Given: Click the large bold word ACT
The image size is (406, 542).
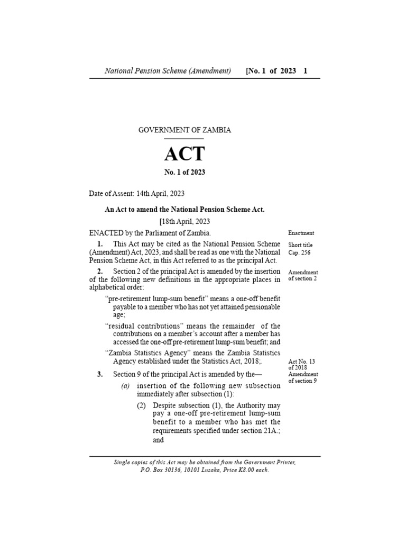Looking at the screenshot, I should (184, 153).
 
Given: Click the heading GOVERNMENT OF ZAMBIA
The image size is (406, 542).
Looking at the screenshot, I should (184, 130).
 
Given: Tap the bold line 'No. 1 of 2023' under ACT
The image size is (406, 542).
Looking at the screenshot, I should (184, 172).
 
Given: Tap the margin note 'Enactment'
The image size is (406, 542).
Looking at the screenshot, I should (301, 233).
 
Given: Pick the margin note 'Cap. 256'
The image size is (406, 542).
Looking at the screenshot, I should (300, 252).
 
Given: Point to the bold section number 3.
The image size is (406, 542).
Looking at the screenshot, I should (99, 374).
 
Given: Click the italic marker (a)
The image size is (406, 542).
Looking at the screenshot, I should (125, 386).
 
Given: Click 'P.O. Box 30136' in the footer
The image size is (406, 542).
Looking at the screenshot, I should (158, 470).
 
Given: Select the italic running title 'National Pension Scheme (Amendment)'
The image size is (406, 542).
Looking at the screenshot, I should (168, 70).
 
